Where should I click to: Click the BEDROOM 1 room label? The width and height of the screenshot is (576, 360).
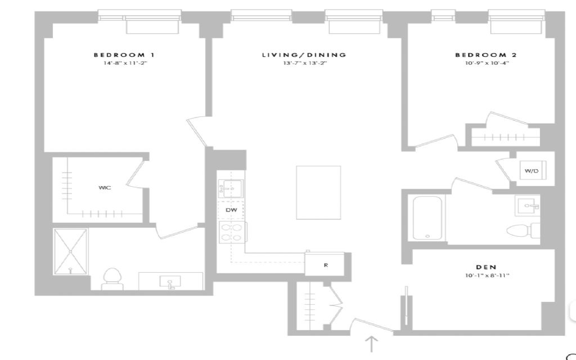[x=124, y=55]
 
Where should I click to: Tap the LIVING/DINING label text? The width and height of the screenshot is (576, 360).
[x=304, y=55]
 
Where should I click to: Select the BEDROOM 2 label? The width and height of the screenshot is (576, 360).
[x=486, y=55]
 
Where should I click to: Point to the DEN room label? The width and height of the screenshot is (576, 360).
[x=487, y=267]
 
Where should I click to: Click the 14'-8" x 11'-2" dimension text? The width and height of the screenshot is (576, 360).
[x=125, y=63]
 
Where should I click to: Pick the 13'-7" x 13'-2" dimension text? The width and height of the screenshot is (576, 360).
[x=305, y=63]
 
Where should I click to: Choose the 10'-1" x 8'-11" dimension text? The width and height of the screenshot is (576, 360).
[x=487, y=276]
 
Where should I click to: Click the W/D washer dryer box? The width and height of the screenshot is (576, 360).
[x=533, y=171]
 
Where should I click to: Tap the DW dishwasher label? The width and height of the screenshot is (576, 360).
[x=231, y=210]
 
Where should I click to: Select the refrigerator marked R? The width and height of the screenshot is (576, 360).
[x=325, y=264]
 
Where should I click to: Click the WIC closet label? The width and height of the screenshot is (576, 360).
[x=105, y=188]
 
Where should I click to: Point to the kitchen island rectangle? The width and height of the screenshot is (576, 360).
[x=318, y=192]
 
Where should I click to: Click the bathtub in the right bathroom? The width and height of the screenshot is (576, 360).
[x=427, y=218]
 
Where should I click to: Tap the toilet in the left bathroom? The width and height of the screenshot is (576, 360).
[x=112, y=279]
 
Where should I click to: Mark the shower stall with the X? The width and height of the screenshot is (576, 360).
[x=70, y=251]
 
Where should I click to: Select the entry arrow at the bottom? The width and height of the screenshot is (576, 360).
[x=371, y=344]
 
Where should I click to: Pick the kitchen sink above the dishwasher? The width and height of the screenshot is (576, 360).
[x=230, y=188]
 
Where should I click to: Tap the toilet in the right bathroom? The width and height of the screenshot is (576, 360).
[x=523, y=231]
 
